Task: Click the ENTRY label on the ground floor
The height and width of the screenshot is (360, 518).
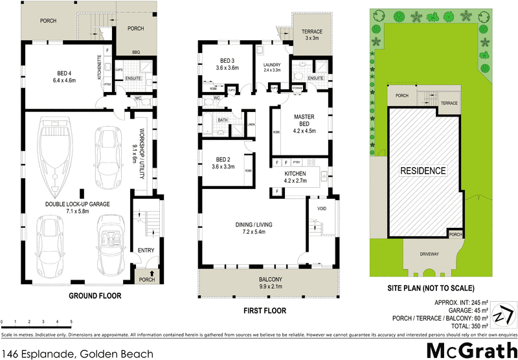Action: pyautogui.click(x=144, y=250)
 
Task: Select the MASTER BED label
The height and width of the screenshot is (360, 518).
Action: pyautogui.click(x=303, y=121)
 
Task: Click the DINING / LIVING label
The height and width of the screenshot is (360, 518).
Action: pyautogui.click(x=253, y=228)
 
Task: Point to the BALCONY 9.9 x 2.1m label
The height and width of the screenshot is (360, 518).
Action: pyautogui.click(x=267, y=282)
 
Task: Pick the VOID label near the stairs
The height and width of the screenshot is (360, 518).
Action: pyautogui.click(x=322, y=208)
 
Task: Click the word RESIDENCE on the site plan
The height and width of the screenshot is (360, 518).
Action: pyautogui.click(x=423, y=171)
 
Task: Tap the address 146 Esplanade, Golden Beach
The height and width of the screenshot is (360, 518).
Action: pyautogui.click(x=78, y=354)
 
